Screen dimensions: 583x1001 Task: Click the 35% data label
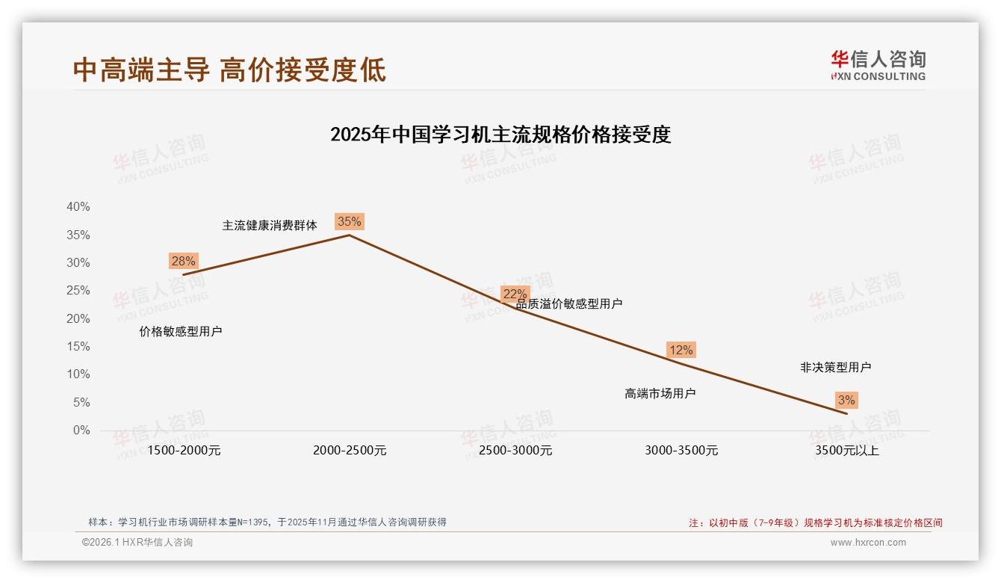pyautogui.click(x=349, y=221)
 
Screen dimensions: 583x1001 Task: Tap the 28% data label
pyautogui.click(x=183, y=261)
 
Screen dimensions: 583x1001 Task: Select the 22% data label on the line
pyautogui.click(x=515, y=294)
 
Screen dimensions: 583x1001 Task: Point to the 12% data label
pyautogui.click(x=681, y=350)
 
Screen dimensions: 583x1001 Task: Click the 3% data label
pyautogui.click(x=846, y=401)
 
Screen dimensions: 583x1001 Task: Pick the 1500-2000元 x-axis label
pyautogui.click(x=184, y=451)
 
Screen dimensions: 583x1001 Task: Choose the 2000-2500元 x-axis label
pyautogui.click(x=350, y=451)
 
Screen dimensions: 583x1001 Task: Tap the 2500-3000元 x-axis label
pyautogui.click(x=515, y=451)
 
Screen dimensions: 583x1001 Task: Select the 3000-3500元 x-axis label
pyautogui.click(x=681, y=451)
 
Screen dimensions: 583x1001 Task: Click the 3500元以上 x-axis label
pyautogui.click(x=847, y=451)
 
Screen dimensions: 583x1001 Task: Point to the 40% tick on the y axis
pyautogui.click(x=78, y=207)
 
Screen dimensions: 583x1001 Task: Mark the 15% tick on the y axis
pyautogui.click(x=78, y=347)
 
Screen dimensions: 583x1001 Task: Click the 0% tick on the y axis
pyautogui.click(x=81, y=431)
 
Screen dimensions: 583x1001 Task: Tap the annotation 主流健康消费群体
pyautogui.click(x=270, y=225)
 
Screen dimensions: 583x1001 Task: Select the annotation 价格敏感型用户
pyautogui.click(x=181, y=331)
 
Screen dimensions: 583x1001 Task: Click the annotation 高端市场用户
pyautogui.click(x=660, y=393)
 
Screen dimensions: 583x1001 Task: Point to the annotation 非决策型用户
pyautogui.click(x=835, y=367)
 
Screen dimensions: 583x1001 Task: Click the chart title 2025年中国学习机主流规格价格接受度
pyautogui.click(x=500, y=135)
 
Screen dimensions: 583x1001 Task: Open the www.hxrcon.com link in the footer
pyautogui.click(x=868, y=543)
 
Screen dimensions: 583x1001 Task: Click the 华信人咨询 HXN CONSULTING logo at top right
pyautogui.click(x=878, y=65)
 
